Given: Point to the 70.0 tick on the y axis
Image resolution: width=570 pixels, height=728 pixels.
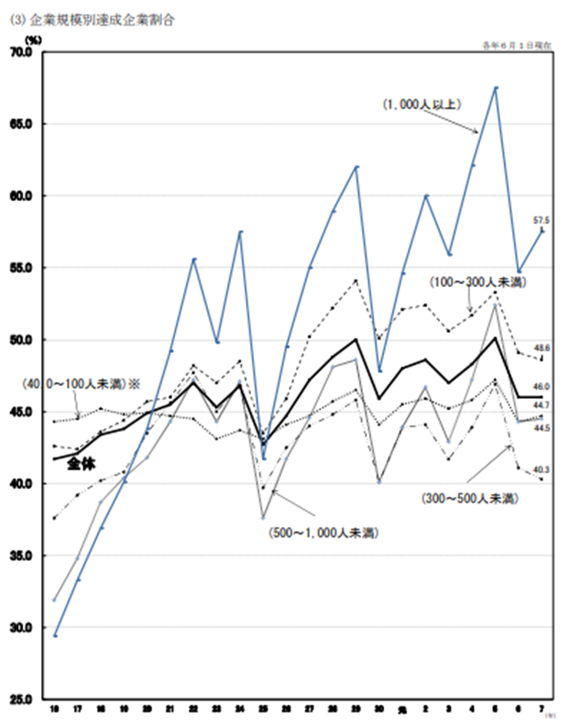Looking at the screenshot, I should click(x=22, y=52).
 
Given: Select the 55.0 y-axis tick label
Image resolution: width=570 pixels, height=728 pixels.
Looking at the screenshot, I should click(x=22, y=268).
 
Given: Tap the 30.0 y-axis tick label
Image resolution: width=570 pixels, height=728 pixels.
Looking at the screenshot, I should click(x=22, y=627).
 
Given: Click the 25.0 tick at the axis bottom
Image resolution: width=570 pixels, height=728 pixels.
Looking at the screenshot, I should click(x=22, y=699).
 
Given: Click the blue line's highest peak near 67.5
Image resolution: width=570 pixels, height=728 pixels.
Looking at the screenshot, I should click(x=496, y=88).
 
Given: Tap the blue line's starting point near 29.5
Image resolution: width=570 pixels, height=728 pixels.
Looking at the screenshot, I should click(x=55, y=634).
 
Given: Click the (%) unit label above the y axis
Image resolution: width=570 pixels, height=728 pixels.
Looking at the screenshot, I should click(x=34, y=39).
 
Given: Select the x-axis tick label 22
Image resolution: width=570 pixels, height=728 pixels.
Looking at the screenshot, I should click(x=193, y=709).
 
